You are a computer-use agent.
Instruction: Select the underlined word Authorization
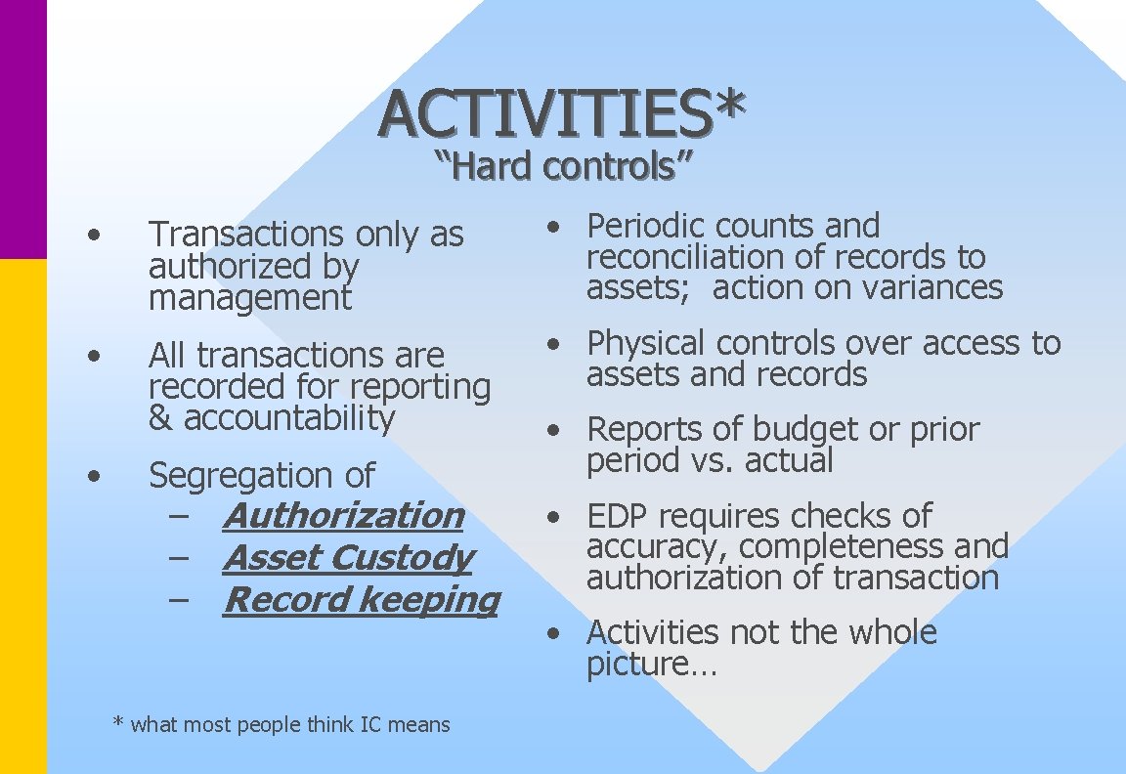click(x=343, y=515)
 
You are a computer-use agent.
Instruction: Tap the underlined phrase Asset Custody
click(x=347, y=557)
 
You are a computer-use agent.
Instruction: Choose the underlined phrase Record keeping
click(x=361, y=599)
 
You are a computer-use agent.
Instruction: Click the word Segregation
click(x=226, y=476)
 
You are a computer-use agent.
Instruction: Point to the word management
click(x=249, y=297)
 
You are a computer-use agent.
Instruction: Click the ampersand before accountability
click(x=160, y=418)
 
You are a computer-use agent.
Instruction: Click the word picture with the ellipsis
click(x=651, y=665)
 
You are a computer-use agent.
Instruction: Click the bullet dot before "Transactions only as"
click(x=93, y=235)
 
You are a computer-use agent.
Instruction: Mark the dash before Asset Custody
click(x=180, y=557)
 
